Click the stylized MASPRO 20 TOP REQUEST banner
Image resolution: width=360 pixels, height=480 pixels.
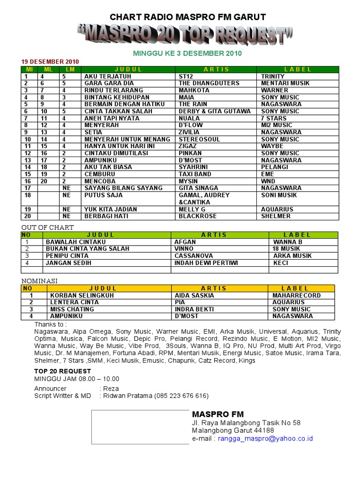coord(185,36)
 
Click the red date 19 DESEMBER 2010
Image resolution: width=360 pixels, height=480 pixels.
coord(50,61)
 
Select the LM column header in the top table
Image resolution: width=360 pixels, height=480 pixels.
coord(70,69)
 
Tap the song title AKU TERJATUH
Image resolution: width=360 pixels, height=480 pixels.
coord(108,76)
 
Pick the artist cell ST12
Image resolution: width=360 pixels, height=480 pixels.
coord(186,76)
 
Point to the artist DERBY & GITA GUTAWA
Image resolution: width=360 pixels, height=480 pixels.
coord(215,111)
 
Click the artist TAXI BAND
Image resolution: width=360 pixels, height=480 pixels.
coord(195,174)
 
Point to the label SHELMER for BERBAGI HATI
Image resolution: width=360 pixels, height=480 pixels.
coord(276,216)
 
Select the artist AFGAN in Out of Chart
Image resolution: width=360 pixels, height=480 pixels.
coord(185,242)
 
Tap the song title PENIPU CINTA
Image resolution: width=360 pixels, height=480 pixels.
coord(67,256)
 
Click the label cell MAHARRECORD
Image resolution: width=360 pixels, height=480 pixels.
coord(297,296)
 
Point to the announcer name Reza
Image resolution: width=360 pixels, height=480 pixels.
coord(111,389)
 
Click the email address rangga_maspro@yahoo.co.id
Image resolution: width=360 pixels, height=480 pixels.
coord(265,439)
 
